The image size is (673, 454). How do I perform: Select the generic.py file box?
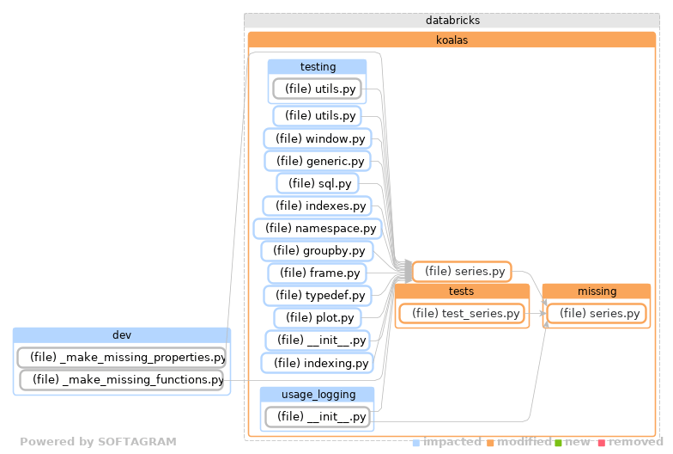point(317,161)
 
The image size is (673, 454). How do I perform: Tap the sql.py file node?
point(317,183)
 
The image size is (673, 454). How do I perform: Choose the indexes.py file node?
point(317,206)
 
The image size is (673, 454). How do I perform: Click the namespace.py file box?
point(317,228)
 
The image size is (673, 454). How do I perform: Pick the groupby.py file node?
point(317,251)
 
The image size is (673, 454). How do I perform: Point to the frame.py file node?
point(317,273)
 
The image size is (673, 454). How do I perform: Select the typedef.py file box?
point(317,296)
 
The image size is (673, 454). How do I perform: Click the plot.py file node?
point(317,318)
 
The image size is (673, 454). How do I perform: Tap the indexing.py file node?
point(317,363)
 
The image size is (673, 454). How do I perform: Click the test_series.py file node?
point(460,314)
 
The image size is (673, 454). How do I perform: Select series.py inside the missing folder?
point(596,314)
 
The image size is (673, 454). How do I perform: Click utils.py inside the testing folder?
point(317,89)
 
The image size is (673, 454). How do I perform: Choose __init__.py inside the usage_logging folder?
point(317,417)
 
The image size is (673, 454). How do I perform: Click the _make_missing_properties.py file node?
point(122,357)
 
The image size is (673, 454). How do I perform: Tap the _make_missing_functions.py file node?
point(122,379)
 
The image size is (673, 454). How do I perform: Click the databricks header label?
point(452,20)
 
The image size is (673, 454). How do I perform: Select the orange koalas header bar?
point(452,40)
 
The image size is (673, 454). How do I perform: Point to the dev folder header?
point(122,334)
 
